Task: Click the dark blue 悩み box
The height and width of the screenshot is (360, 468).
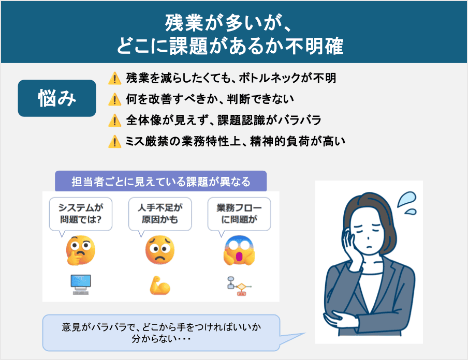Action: [57, 98]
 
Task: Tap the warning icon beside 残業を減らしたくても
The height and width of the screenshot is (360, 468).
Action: [114, 79]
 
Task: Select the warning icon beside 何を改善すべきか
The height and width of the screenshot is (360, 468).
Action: [114, 99]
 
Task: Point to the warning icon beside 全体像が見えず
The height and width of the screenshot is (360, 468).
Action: [114, 120]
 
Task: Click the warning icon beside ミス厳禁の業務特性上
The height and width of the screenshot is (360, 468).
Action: [114, 141]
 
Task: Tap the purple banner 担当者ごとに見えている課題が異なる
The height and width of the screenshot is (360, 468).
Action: [160, 182]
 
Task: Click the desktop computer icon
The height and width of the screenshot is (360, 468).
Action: [80, 284]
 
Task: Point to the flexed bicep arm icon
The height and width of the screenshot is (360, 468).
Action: [159, 285]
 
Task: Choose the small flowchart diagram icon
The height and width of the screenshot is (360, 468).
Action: [239, 285]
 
